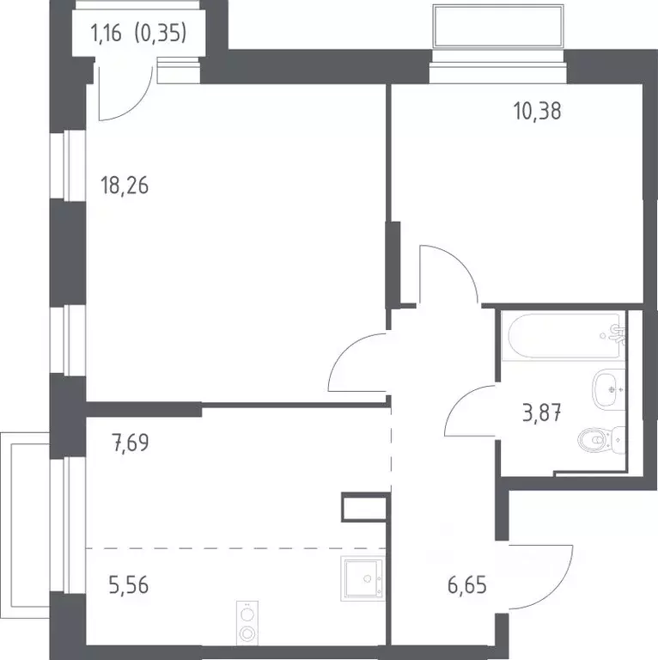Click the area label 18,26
[125, 186]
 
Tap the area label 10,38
[537, 112]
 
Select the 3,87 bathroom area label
[541, 412]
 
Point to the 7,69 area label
[131, 443]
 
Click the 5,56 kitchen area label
[129, 585]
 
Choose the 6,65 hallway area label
[467, 585]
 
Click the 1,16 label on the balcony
[106, 33]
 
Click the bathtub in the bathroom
[565, 336]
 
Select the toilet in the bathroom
[601, 440]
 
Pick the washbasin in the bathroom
[608, 389]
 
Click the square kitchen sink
[363, 577]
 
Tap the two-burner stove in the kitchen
[247, 622]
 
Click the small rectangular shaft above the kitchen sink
[364, 507]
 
